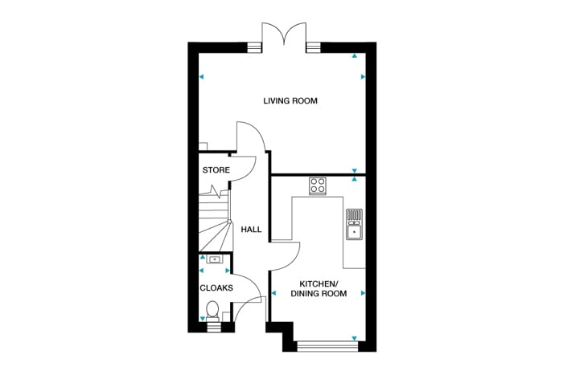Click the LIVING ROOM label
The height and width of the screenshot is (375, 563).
click(291, 101)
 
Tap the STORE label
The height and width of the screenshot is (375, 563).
click(216, 170)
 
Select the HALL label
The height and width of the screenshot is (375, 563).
click(251, 230)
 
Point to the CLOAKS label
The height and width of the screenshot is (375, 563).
click(216, 287)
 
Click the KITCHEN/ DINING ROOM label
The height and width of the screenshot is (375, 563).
click(323, 289)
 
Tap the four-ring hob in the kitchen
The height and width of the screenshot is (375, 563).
click(318, 185)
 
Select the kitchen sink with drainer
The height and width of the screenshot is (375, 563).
click(354, 225)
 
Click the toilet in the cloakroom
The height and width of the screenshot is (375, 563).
click(212, 309)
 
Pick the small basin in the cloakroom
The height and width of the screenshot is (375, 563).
click(213, 259)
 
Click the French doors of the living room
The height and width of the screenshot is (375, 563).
click(284, 36)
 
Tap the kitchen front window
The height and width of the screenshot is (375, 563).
click(326, 347)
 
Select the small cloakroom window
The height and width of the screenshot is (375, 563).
click(212, 326)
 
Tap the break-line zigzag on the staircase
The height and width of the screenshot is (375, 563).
click(215, 191)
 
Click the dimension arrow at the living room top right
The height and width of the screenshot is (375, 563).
click(355, 56)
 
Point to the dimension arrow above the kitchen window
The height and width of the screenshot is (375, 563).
click(355, 337)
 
